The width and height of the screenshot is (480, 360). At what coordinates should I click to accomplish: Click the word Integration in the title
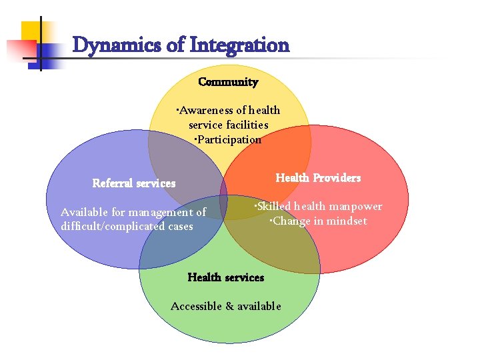point(239,45)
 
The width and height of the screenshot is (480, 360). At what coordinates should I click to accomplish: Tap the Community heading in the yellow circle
point(228,82)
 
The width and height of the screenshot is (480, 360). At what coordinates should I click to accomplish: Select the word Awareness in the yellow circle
point(204,111)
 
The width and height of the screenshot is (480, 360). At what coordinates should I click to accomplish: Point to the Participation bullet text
point(228,139)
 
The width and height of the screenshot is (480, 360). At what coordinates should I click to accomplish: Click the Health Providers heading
point(318,178)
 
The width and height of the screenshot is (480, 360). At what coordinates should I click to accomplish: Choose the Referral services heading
point(134,183)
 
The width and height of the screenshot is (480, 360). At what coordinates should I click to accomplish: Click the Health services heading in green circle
point(226,277)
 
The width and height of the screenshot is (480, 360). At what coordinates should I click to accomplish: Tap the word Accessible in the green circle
point(196,306)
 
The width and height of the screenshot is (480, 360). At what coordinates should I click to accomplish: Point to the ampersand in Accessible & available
point(229,306)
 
